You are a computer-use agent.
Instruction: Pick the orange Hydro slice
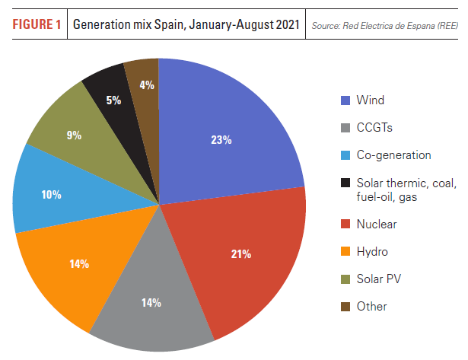coord(76,266)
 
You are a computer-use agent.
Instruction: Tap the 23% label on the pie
coord(221,140)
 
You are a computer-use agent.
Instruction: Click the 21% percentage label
coord(242,253)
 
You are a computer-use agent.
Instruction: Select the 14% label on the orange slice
coord(79,263)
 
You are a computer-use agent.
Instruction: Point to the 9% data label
coord(75,135)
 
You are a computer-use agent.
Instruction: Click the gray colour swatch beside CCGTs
coord(345,128)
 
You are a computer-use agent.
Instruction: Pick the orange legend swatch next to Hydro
coord(345,252)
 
